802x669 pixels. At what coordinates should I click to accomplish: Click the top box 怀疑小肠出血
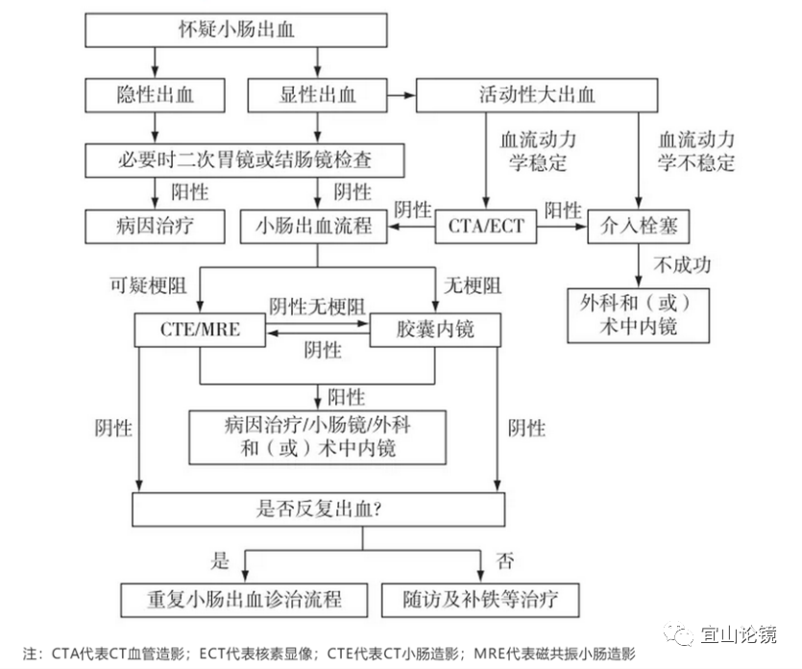[x=236, y=30]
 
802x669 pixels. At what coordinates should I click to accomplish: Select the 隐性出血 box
[x=156, y=94]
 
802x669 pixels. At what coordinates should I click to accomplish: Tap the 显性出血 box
[x=317, y=94]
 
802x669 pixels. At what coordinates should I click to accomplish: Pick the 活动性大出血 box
[x=536, y=94]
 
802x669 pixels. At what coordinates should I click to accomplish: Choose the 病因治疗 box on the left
[x=156, y=227]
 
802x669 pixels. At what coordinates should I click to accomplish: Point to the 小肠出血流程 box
[x=319, y=227]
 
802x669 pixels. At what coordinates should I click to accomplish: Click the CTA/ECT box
[x=486, y=227]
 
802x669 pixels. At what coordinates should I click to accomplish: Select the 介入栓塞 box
[x=639, y=227]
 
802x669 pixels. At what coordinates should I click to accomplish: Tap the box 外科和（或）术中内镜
[x=639, y=314]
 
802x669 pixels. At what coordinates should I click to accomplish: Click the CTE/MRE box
[x=200, y=331]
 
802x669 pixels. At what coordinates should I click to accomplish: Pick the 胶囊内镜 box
[x=435, y=331]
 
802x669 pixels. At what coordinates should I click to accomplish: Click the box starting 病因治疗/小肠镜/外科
[x=318, y=435]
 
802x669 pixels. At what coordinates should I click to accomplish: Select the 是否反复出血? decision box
[x=318, y=509]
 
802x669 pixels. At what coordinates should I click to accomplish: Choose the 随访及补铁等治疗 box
[x=481, y=600]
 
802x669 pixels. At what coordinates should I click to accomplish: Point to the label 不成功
[x=682, y=263]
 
